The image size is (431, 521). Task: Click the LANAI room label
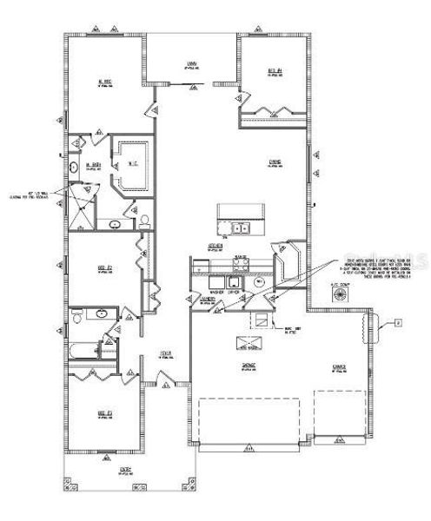point(189,63)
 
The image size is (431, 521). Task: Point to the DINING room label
point(273,162)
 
